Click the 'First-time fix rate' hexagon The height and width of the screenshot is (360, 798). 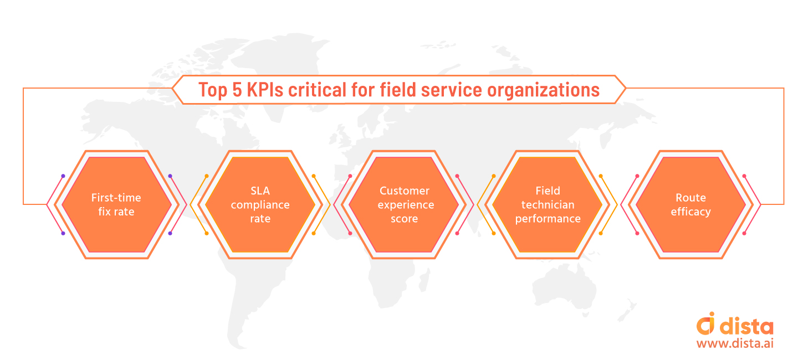click(116, 204)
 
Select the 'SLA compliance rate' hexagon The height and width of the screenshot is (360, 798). click(260, 204)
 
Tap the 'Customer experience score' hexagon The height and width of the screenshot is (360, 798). click(404, 204)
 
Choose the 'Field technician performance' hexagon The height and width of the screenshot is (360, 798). click(548, 204)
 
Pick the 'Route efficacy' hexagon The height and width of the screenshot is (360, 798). click(690, 204)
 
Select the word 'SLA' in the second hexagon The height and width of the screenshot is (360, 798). click(260, 191)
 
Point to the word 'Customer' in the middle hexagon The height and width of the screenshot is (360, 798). click(404, 191)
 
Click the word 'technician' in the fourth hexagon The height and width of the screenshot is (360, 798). click(548, 204)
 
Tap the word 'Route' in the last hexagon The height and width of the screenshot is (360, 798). click(690, 198)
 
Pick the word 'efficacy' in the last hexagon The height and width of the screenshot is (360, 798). click(690, 212)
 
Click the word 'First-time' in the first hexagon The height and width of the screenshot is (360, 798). click(116, 198)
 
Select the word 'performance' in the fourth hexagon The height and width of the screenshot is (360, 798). click(548, 219)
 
